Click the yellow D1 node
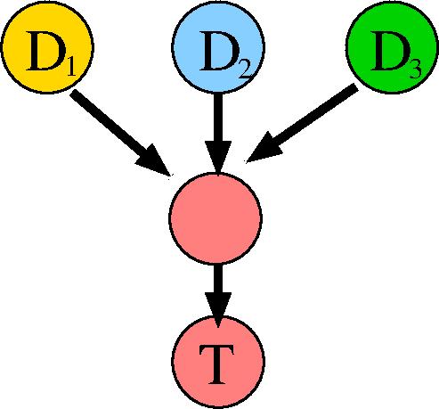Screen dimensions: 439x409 [47, 47]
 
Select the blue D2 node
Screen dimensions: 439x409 [218, 47]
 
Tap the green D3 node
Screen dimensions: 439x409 [392, 47]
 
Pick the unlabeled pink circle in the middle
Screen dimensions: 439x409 [215, 218]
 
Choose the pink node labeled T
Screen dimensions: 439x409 [218, 362]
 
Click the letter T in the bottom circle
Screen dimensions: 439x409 [216, 364]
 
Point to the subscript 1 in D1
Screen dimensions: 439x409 [70, 68]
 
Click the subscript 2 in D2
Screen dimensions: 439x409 [245, 70]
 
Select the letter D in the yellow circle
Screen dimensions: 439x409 [45, 51]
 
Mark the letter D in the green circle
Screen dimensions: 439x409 [389, 51]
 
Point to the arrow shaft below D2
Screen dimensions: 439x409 [218, 118]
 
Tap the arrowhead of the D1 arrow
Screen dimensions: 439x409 [154, 160]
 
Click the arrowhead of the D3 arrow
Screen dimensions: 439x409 [264, 148]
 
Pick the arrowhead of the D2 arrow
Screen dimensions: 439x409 [218, 156]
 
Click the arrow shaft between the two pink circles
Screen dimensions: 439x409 [218, 279]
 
